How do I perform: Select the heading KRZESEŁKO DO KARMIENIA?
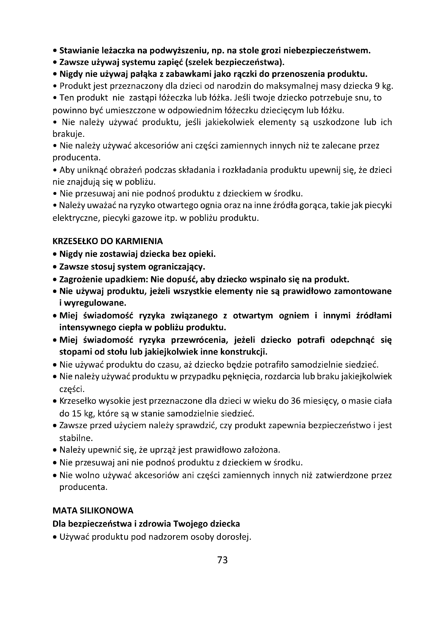[107, 241]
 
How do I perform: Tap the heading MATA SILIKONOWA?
[93, 511]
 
